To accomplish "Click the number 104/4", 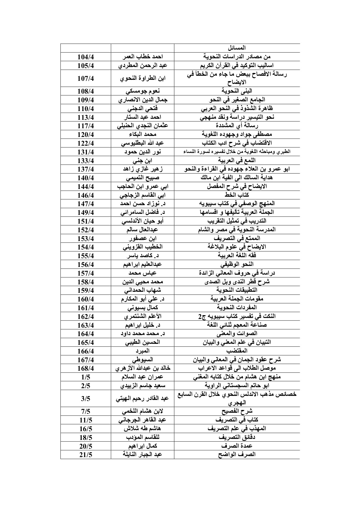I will point(86,57).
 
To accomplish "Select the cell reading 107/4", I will point(86,78).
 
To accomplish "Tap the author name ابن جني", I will point(142,160).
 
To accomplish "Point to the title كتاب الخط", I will point(237,195).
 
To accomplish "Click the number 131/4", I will point(86,151).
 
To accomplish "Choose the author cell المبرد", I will point(142,351).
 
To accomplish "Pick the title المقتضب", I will point(237,351).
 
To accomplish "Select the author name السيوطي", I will point(142,360).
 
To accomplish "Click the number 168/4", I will point(86,368).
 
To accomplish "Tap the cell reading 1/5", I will point(86,377).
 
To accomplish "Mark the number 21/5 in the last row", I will point(86,455).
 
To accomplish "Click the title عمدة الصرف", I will point(237,446).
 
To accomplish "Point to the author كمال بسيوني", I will point(142,308).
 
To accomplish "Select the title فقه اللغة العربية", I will point(237,256).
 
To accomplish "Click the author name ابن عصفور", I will point(142,238).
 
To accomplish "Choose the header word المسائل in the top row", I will point(237,48).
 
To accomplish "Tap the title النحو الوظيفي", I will point(237,264).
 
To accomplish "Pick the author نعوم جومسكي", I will point(142,91).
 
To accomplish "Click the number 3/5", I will point(86,399).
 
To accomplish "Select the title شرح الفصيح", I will point(237,411).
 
